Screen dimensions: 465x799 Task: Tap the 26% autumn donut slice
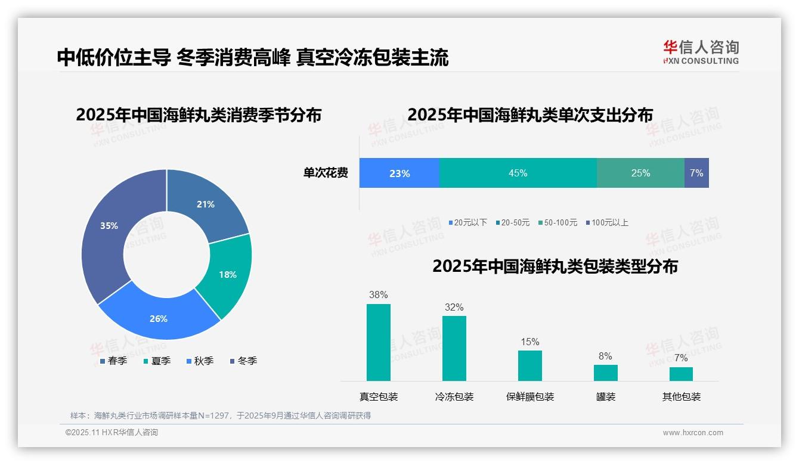[x=159, y=318]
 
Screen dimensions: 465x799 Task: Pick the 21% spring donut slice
[x=206, y=204]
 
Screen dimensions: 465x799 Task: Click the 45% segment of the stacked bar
[x=518, y=173]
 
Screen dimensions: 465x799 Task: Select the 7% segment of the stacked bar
[x=696, y=173]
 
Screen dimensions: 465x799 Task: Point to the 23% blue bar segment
[x=399, y=173]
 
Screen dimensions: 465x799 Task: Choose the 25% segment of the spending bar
[x=640, y=173]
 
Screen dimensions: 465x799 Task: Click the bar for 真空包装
[x=379, y=342]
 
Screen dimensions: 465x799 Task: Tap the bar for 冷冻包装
[x=454, y=348]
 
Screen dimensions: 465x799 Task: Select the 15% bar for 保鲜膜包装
[x=529, y=365]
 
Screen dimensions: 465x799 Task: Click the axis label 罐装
[x=605, y=396]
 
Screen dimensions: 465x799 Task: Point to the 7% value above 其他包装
[x=681, y=358]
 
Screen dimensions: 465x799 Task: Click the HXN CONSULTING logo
[x=701, y=52]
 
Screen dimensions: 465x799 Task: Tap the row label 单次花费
[x=326, y=173]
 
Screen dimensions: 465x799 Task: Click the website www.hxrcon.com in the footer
[x=693, y=433]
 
